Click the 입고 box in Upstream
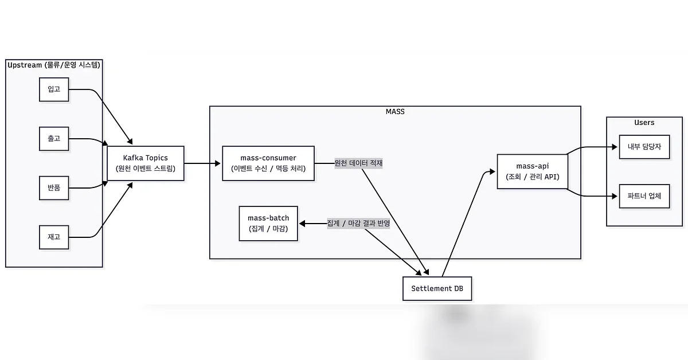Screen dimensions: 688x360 click(54, 89)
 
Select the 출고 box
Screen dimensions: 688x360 click(54, 139)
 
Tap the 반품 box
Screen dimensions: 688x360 click(54, 188)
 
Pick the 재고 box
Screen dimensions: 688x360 click(54, 237)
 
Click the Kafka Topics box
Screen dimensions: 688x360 click(146, 163)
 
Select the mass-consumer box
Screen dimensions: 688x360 click(268, 163)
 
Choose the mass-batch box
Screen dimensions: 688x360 click(268, 224)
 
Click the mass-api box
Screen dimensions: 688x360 click(533, 171)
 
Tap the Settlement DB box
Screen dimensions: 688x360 click(437, 289)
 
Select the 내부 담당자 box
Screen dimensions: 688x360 click(644, 147)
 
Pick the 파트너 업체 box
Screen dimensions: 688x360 click(644, 196)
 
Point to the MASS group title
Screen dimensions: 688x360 click(395, 112)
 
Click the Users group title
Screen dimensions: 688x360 click(644, 123)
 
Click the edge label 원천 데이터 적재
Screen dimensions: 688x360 click(358, 163)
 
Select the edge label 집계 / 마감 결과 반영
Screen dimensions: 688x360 click(358, 224)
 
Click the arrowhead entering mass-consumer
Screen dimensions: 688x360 click(218, 163)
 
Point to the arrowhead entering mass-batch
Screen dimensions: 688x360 click(302, 224)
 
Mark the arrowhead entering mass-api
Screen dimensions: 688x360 click(492, 171)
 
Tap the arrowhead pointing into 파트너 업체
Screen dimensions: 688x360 click(615, 196)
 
